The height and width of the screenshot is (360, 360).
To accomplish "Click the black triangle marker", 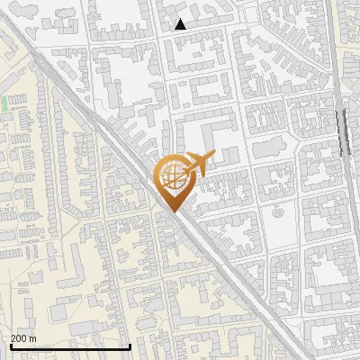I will pos(181,24).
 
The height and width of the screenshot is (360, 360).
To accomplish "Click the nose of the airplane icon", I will pos(214,155).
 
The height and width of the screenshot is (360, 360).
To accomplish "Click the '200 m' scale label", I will pos(23,338).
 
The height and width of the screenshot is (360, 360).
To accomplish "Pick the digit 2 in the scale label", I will pos(13,338).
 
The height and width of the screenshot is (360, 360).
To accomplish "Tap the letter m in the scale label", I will pos(33,338).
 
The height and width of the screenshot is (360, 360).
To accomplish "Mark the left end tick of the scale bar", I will pos(10,345).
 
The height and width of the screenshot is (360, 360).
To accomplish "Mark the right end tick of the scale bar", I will pos(130,345).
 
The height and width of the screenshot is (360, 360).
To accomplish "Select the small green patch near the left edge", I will pos(4,103).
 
